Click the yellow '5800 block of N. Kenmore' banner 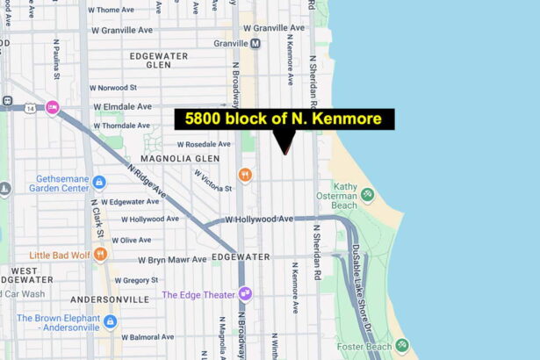284,119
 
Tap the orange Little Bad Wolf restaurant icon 101,255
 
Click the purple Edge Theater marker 245,294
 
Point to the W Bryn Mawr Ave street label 172,259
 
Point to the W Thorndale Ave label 120,126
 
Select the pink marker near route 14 52,107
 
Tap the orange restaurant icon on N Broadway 245,175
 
